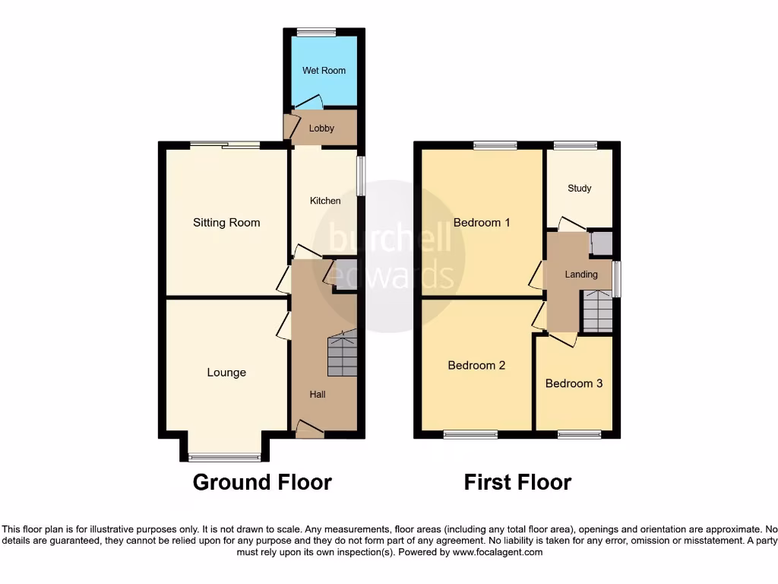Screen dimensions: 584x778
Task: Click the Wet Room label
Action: tap(324, 71)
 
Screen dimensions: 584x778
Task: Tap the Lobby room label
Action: tap(321, 129)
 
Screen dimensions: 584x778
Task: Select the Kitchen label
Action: tap(324, 201)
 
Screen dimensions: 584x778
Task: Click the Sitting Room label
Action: tap(226, 223)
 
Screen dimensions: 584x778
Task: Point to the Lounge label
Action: tap(226, 373)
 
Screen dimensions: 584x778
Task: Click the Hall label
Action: tap(318, 395)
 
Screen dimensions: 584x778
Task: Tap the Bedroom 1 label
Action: tap(482, 223)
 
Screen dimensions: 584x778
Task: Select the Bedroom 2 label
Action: tap(476, 365)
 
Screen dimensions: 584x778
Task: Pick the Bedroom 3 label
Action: tap(574, 383)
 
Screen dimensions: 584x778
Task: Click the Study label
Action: tap(580, 189)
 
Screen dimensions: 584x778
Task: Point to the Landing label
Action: tap(581, 275)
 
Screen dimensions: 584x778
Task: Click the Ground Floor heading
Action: tap(262, 482)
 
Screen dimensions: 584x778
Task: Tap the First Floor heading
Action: tap(517, 482)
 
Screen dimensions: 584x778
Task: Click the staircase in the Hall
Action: tap(342, 354)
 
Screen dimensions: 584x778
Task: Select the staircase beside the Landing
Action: tap(598, 312)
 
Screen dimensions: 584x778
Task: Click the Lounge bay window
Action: tap(224, 457)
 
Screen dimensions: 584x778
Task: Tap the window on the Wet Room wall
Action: tap(316, 32)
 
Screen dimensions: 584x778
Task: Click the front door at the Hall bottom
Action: tap(308, 431)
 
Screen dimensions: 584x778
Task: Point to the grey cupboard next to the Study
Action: tap(601, 243)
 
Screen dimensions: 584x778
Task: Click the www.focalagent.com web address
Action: tap(497, 553)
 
